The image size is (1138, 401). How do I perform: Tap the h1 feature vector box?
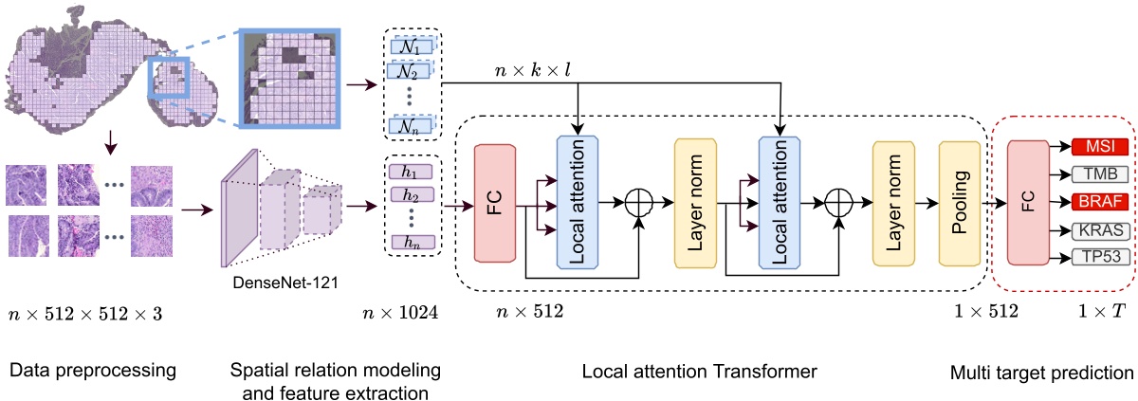click(x=411, y=173)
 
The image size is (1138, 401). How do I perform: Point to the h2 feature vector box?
click(x=411, y=195)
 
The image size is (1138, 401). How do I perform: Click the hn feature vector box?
click(x=411, y=242)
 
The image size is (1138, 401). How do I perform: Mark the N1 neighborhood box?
click(x=411, y=45)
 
